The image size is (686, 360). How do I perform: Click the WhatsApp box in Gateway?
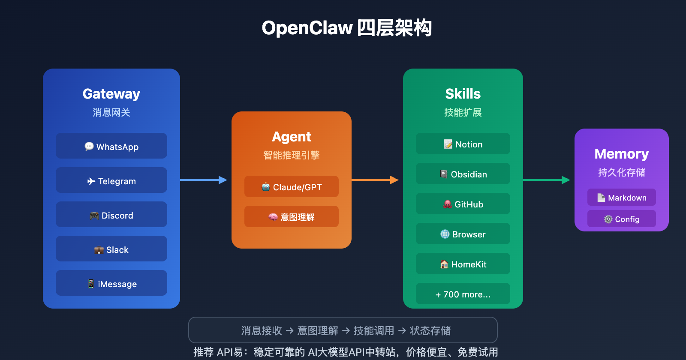click(111, 146)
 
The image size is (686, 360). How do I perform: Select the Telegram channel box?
click(111, 180)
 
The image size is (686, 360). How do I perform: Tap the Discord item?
click(111, 215)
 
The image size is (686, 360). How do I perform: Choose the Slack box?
click(111, 249)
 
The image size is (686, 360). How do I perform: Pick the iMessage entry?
click(111, 283)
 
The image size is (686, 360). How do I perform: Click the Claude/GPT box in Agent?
click(292, 187)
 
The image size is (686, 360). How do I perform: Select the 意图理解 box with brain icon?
click(292, 217)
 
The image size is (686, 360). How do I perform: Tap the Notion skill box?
click(463, 144)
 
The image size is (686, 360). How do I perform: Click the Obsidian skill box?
click(463, 174)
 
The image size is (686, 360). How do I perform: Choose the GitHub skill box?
click(463, 204)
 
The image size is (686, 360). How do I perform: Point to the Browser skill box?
click(463, 234)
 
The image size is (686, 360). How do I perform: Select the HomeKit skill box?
click(463, 264)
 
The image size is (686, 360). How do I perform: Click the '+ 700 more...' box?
click(463, 294)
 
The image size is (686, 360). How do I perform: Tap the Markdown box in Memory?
click(622, 198)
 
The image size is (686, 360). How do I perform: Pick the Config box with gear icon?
click(622, 219)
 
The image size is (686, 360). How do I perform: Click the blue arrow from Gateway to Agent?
click(204, 180)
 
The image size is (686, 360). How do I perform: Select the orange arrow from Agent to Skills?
click(375, 180)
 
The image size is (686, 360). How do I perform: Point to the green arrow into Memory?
click(547, 180)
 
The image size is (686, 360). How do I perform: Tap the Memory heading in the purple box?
click(622, 153)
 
